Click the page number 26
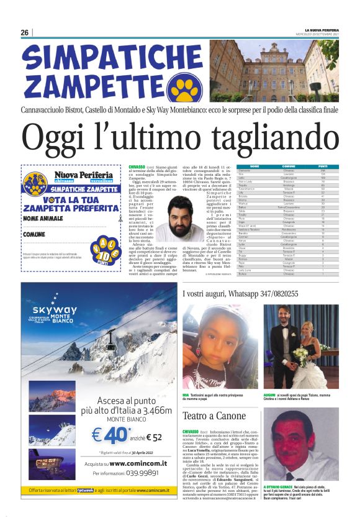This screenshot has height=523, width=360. click(x=25, y=32)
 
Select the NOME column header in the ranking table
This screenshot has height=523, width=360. click(x=254, y=166)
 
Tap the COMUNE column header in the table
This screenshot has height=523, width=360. click(x=289, y=166)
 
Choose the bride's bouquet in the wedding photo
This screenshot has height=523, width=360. click(x=318, y=355)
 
